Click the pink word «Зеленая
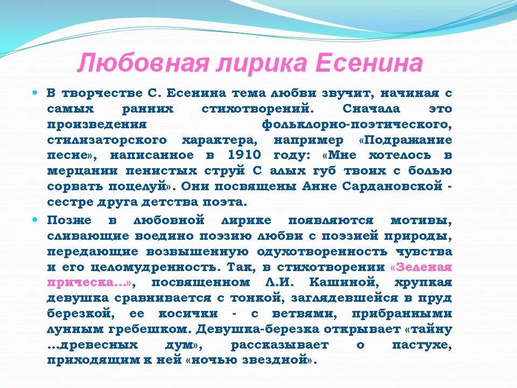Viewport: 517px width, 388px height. pos(420,267)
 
